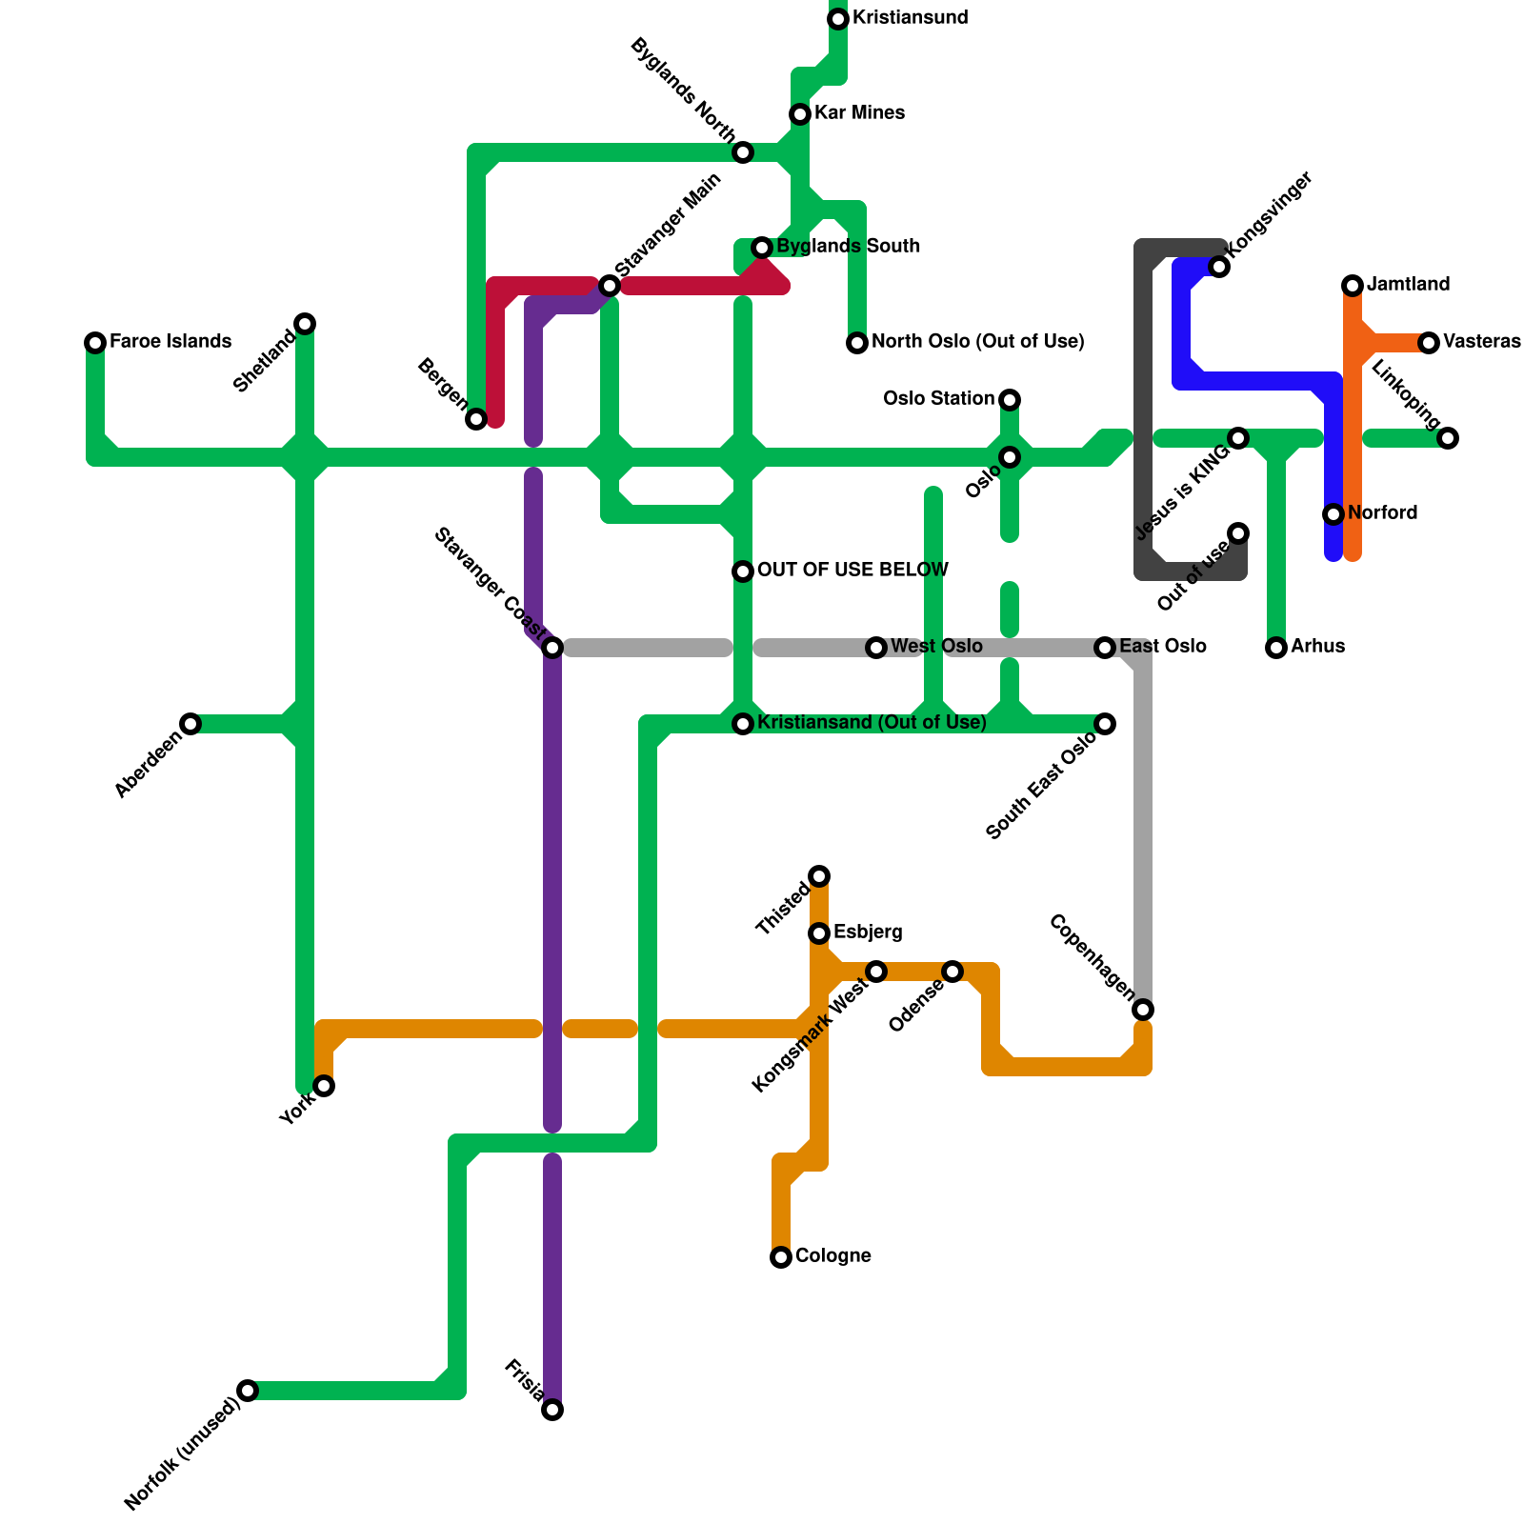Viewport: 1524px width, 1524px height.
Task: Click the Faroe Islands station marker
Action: click(95, 343)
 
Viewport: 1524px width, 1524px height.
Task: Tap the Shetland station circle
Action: click(305, 324)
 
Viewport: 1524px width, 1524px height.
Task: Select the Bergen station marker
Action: click(476, 419)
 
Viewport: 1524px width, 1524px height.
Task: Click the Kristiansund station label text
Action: click(910, 18)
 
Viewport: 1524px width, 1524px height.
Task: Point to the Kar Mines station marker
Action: click(800, 114)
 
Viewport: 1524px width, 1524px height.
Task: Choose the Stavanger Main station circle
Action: click(610, 286)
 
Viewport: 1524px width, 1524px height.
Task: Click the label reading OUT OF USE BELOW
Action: click(852, 571)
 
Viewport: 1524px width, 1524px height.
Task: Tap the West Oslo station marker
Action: click(876, 648)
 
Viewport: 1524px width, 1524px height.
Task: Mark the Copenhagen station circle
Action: click(1143, 1010)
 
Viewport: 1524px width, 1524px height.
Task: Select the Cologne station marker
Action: click(781, 1257)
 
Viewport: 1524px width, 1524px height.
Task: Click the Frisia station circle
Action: click(552, 1410)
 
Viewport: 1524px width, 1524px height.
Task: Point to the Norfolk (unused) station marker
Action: click(248, 1391)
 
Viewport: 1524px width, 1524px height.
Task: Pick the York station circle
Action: click(324, 1086)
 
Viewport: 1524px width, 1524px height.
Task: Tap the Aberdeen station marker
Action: click(190, 724)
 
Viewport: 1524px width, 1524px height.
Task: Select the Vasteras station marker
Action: click(1429, 343)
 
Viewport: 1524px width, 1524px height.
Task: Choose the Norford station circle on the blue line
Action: click(1333, 514)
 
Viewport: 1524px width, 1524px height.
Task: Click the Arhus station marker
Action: click(1276, 648)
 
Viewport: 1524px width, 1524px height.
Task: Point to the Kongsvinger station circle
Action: click(1219, 267)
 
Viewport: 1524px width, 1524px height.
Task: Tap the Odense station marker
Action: click(952, 972)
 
